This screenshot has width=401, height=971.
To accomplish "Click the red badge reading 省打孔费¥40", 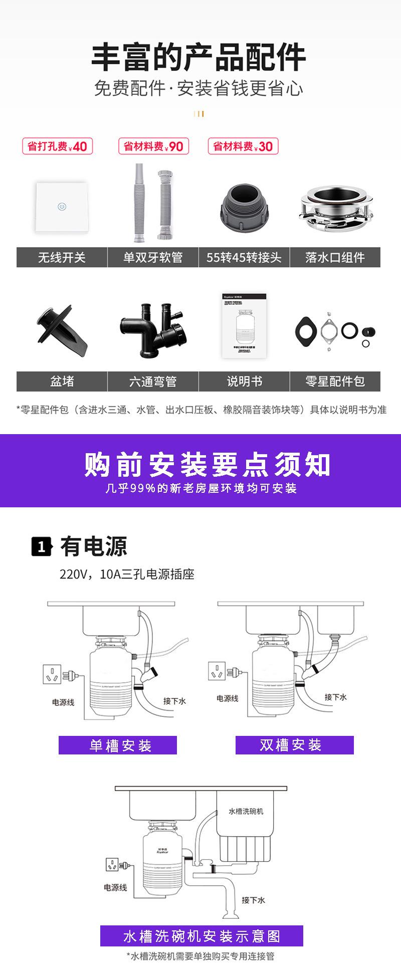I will pos(57,146).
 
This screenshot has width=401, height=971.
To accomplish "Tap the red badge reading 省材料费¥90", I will pos(153,146).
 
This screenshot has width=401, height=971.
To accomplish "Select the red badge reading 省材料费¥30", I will pos(243,146).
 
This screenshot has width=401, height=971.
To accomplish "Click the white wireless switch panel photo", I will pos(62,207).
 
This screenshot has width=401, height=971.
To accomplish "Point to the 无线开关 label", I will pos(62,257).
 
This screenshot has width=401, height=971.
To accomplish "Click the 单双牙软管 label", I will pos(153,257).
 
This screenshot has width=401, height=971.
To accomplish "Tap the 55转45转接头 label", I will pos(244,257).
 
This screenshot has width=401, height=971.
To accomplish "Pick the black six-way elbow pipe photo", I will pos(153,331).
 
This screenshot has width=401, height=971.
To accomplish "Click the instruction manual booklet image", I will pos(244,326).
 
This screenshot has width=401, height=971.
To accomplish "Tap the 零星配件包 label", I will pos(335,381).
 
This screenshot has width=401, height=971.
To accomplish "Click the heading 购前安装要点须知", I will pos(207,465).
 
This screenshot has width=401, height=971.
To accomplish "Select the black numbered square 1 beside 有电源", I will pos(42,546).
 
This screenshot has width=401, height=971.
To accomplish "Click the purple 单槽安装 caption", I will pos(118,745).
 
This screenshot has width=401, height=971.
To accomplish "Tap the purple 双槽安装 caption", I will pos(294,745).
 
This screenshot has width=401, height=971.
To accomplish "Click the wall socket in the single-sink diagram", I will pos(52,676).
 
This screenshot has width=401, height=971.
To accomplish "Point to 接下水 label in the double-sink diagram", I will pos(335,697).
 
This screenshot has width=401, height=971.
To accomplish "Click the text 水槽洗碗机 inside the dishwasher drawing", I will pos(246,811).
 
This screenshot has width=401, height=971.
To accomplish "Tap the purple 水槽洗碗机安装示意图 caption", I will pos(202,936).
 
